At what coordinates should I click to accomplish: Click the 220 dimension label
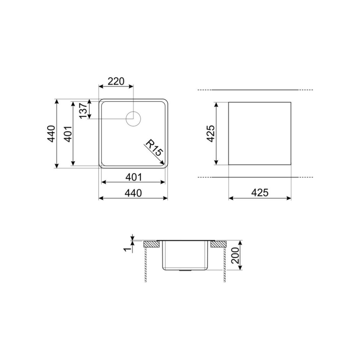click(116, 81)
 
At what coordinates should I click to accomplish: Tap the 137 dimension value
click(82, 111)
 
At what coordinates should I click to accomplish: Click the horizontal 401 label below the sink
click(133, 177)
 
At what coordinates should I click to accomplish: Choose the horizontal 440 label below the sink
click(133, 193)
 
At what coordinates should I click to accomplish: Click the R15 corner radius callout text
click(153, 148)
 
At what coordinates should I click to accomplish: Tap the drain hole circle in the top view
click(133, 118)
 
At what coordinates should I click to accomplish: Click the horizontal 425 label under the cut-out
click(260, 193)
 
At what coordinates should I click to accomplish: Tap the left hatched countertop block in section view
click(152, 244)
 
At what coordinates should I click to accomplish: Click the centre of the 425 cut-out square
click(260, 134)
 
